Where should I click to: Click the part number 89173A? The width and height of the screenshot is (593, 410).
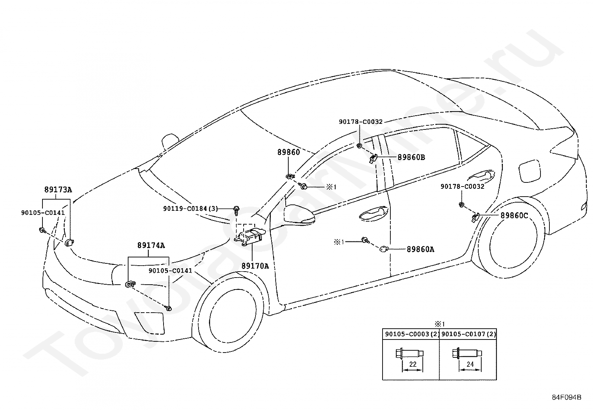click(58, 190)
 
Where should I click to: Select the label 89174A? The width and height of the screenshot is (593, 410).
click(151, 245)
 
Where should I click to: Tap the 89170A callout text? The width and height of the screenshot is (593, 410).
click(255, 266)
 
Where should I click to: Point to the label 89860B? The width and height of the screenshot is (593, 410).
click(411, 157)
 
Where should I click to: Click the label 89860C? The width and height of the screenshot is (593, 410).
click(514, 216)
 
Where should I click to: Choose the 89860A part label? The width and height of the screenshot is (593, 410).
click(421, 249)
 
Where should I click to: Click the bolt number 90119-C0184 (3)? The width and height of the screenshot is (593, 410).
click(190, 209)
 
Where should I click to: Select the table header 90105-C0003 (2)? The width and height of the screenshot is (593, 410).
click(411, 334)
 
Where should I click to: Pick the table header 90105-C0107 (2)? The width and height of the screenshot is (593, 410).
click(469, 334)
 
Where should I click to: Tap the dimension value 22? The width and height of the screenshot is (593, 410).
click(413, 364)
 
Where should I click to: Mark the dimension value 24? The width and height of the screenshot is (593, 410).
click(470, 364)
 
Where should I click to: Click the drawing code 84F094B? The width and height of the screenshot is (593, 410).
click(567, 397)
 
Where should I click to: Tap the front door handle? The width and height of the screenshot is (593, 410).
click(374, 213)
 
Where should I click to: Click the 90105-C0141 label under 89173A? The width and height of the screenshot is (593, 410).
click(43, 213)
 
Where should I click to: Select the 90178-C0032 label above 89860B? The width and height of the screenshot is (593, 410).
click(361, 122)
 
